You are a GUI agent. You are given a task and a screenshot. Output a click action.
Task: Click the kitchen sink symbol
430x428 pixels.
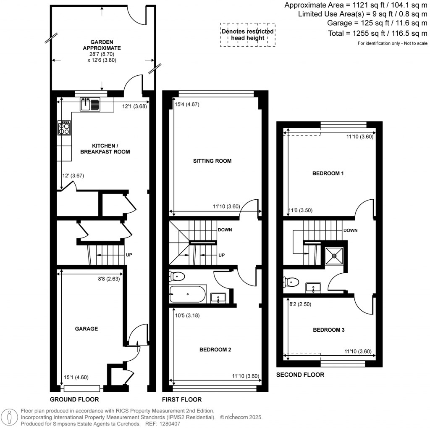90,103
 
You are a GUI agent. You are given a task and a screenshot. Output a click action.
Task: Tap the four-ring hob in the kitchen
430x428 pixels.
64,128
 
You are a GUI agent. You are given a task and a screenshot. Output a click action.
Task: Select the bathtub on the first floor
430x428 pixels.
187,294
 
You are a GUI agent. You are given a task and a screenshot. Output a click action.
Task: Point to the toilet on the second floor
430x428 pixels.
289,282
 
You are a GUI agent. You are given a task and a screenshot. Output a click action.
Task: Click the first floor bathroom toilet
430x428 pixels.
177,276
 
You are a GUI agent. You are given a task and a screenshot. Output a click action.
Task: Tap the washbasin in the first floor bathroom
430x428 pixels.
218,298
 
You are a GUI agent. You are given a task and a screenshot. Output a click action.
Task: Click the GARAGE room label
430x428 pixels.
87,329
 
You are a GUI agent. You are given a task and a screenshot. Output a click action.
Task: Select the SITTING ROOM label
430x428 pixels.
212,161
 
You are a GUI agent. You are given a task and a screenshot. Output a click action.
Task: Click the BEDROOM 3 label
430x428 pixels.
329,330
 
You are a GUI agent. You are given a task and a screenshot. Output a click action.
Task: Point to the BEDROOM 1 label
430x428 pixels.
328,173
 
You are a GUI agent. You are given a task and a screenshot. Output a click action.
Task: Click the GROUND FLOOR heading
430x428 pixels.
74,399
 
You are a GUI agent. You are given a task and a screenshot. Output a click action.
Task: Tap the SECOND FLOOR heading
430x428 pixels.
300,375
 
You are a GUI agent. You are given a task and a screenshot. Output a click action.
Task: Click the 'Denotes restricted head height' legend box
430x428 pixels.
248,34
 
